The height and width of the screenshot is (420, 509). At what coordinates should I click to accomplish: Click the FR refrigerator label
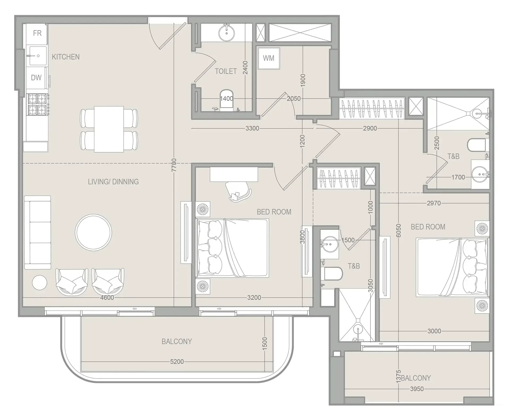coord(37,33)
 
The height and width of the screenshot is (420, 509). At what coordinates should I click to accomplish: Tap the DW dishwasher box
coord(36,78)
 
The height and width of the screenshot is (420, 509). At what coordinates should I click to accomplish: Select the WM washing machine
coord(269,58)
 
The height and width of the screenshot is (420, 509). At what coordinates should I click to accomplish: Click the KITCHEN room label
coord(66,57)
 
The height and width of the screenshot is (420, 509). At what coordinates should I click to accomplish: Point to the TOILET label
coord(226,71)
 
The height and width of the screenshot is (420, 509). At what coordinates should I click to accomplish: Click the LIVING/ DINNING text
coord(113,182)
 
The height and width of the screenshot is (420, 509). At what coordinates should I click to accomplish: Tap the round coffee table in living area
coord(93,232)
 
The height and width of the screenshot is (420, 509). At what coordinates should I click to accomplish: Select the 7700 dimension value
coord(174,165)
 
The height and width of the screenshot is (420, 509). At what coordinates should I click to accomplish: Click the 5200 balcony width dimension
coord(177,362)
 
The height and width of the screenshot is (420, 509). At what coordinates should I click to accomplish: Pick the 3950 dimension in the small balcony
coord(417,389)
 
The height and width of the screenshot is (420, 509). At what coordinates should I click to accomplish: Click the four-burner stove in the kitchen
coord(37,104)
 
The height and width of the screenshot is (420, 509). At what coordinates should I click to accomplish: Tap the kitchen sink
coord(37,56)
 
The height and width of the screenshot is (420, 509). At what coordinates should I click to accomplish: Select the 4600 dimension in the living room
coord(107,298)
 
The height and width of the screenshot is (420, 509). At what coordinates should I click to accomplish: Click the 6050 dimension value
coord(398,231)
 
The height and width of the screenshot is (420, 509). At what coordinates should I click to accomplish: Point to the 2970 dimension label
coord(434,203)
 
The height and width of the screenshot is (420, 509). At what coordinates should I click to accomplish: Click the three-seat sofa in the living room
coord(37,232)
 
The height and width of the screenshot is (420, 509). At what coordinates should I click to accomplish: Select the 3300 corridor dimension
coord(252,128)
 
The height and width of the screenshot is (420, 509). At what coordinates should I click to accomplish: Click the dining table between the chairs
coord(109,129)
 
